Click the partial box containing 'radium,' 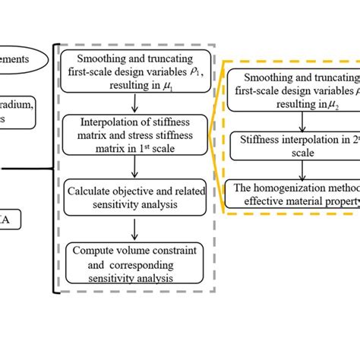[x=17, y=114]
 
